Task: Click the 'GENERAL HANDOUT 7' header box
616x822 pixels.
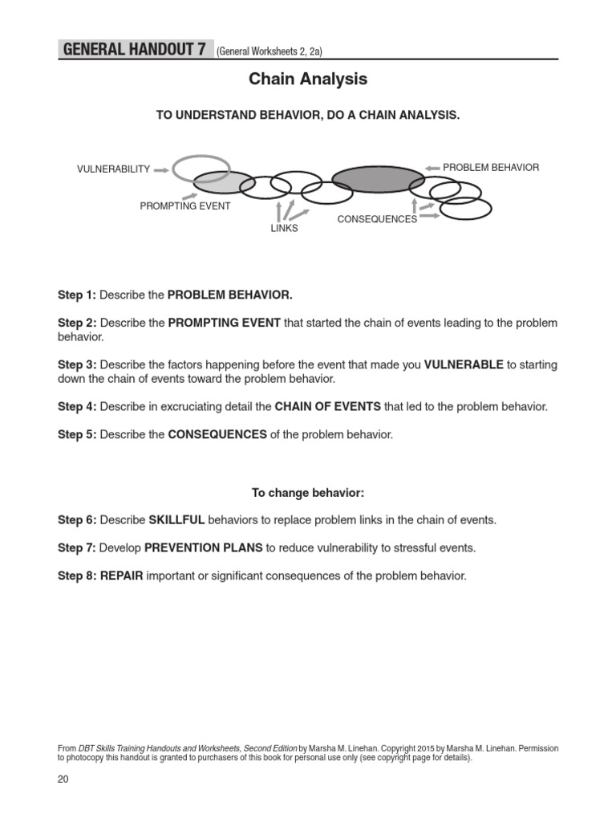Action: click(134, 50)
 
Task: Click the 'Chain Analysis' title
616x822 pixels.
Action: click(308, 79)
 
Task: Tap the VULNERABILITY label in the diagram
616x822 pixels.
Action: click(113, 169)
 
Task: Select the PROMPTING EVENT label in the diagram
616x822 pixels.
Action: click(185, 206)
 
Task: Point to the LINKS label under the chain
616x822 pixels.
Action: click(284, 229)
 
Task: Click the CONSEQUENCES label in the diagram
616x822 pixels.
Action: click(377, 219)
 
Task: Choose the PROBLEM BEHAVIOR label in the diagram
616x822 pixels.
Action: click(491, 168)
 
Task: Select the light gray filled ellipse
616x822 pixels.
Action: click(224, 184)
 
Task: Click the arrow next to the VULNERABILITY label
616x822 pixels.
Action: click(160, 169)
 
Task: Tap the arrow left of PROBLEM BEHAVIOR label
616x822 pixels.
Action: click(432, 168)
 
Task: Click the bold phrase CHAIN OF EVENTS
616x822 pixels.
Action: click(327, 407)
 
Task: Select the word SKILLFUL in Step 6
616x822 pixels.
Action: click(176, 520)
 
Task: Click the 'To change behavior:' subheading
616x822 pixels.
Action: click(307, 492)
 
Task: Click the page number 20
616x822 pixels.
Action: click(63, 779)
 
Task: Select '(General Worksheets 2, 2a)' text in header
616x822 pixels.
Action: click(269, 52)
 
